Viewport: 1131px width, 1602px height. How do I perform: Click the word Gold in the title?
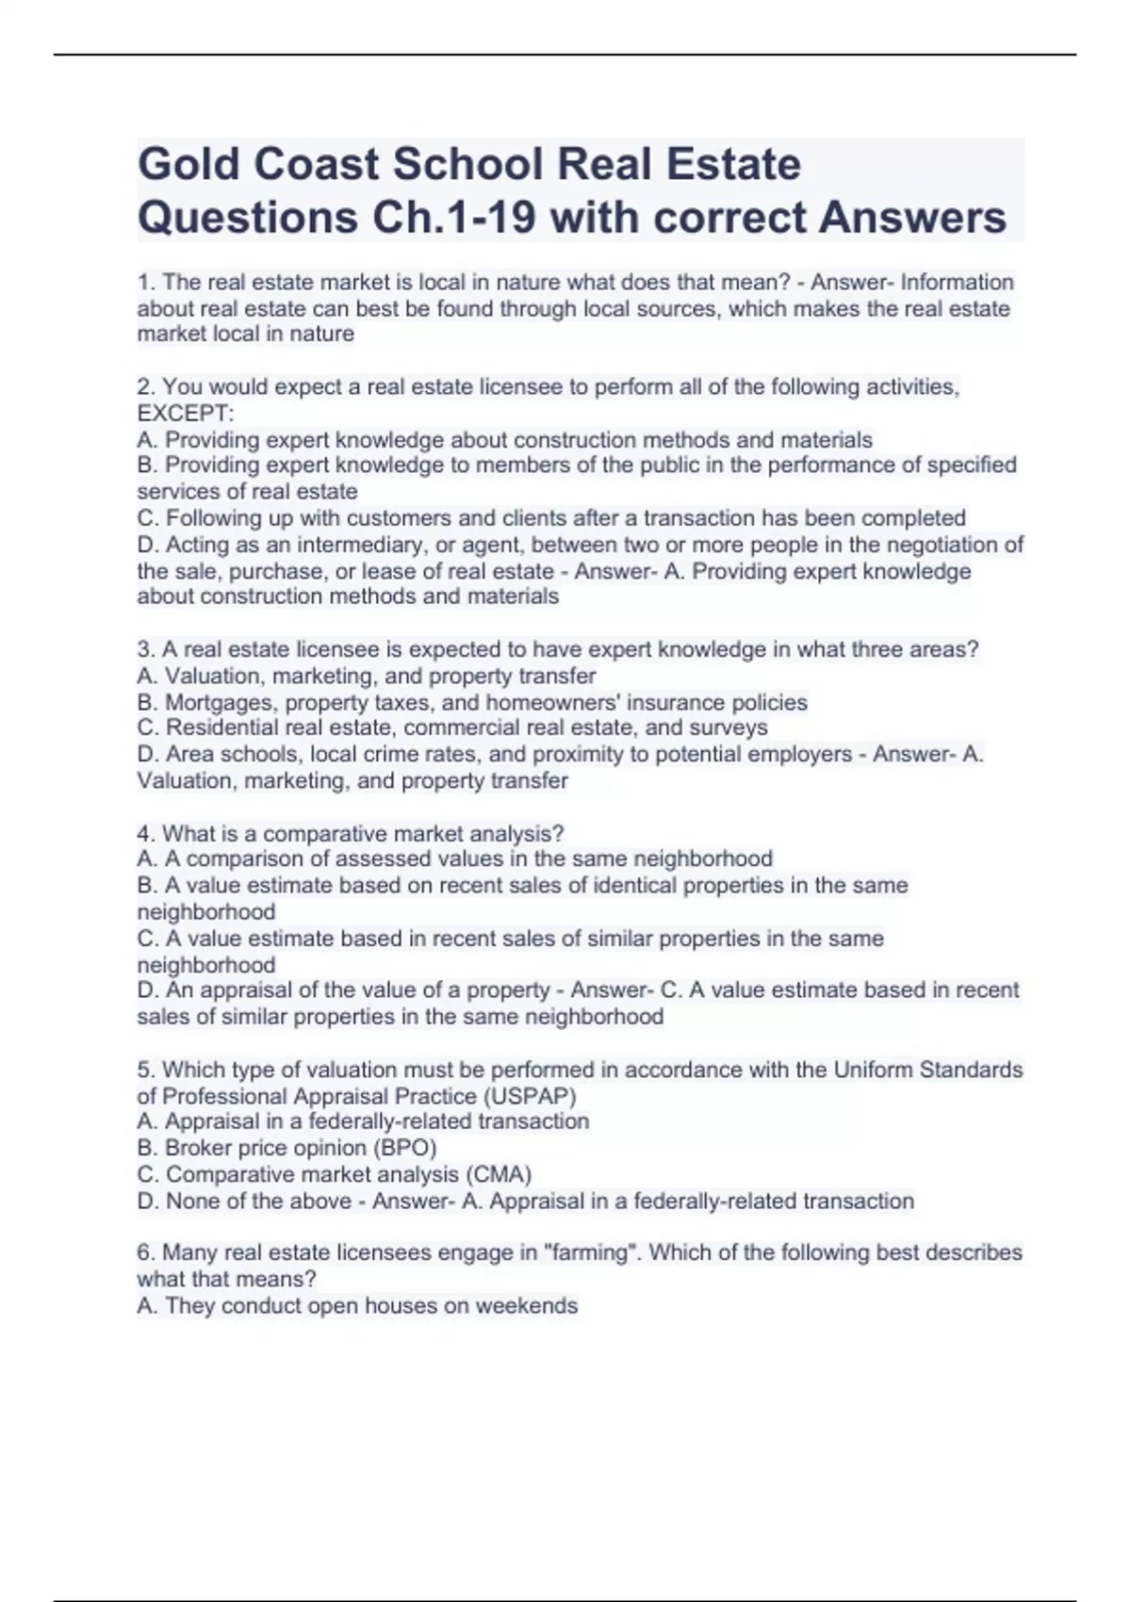(185, 165)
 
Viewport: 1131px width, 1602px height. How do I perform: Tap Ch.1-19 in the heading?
(448, 218)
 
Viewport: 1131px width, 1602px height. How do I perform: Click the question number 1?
(144, 283)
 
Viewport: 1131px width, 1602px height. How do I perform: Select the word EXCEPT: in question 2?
(185, 414)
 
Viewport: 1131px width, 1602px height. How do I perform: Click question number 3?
(144, 650)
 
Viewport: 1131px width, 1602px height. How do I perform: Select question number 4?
(144, 834)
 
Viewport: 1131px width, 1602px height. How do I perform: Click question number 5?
(144, 1071)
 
